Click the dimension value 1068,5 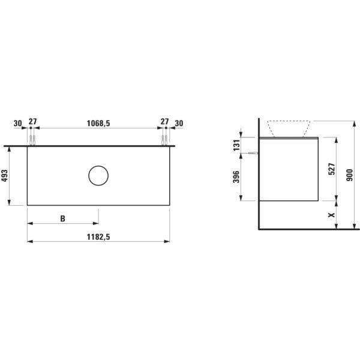98,122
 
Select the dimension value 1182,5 98,236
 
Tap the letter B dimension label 62,218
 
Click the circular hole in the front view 98,175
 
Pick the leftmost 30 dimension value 18,122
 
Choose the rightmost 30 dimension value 179,122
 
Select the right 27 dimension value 164,122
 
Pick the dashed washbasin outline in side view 289,128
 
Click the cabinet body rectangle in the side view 288,171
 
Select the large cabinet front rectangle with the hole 60,180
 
